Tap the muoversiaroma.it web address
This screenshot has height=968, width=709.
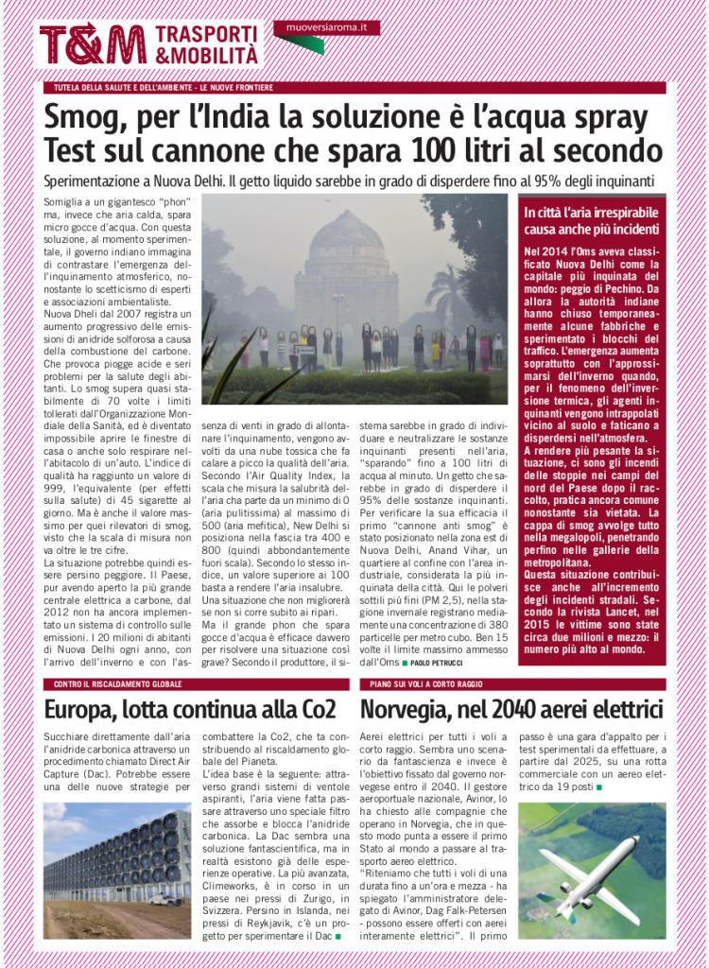(x=326, y=28)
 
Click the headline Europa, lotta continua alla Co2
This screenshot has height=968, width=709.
(x=190, y=709)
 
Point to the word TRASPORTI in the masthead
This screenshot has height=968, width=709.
(x=205, y=34)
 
